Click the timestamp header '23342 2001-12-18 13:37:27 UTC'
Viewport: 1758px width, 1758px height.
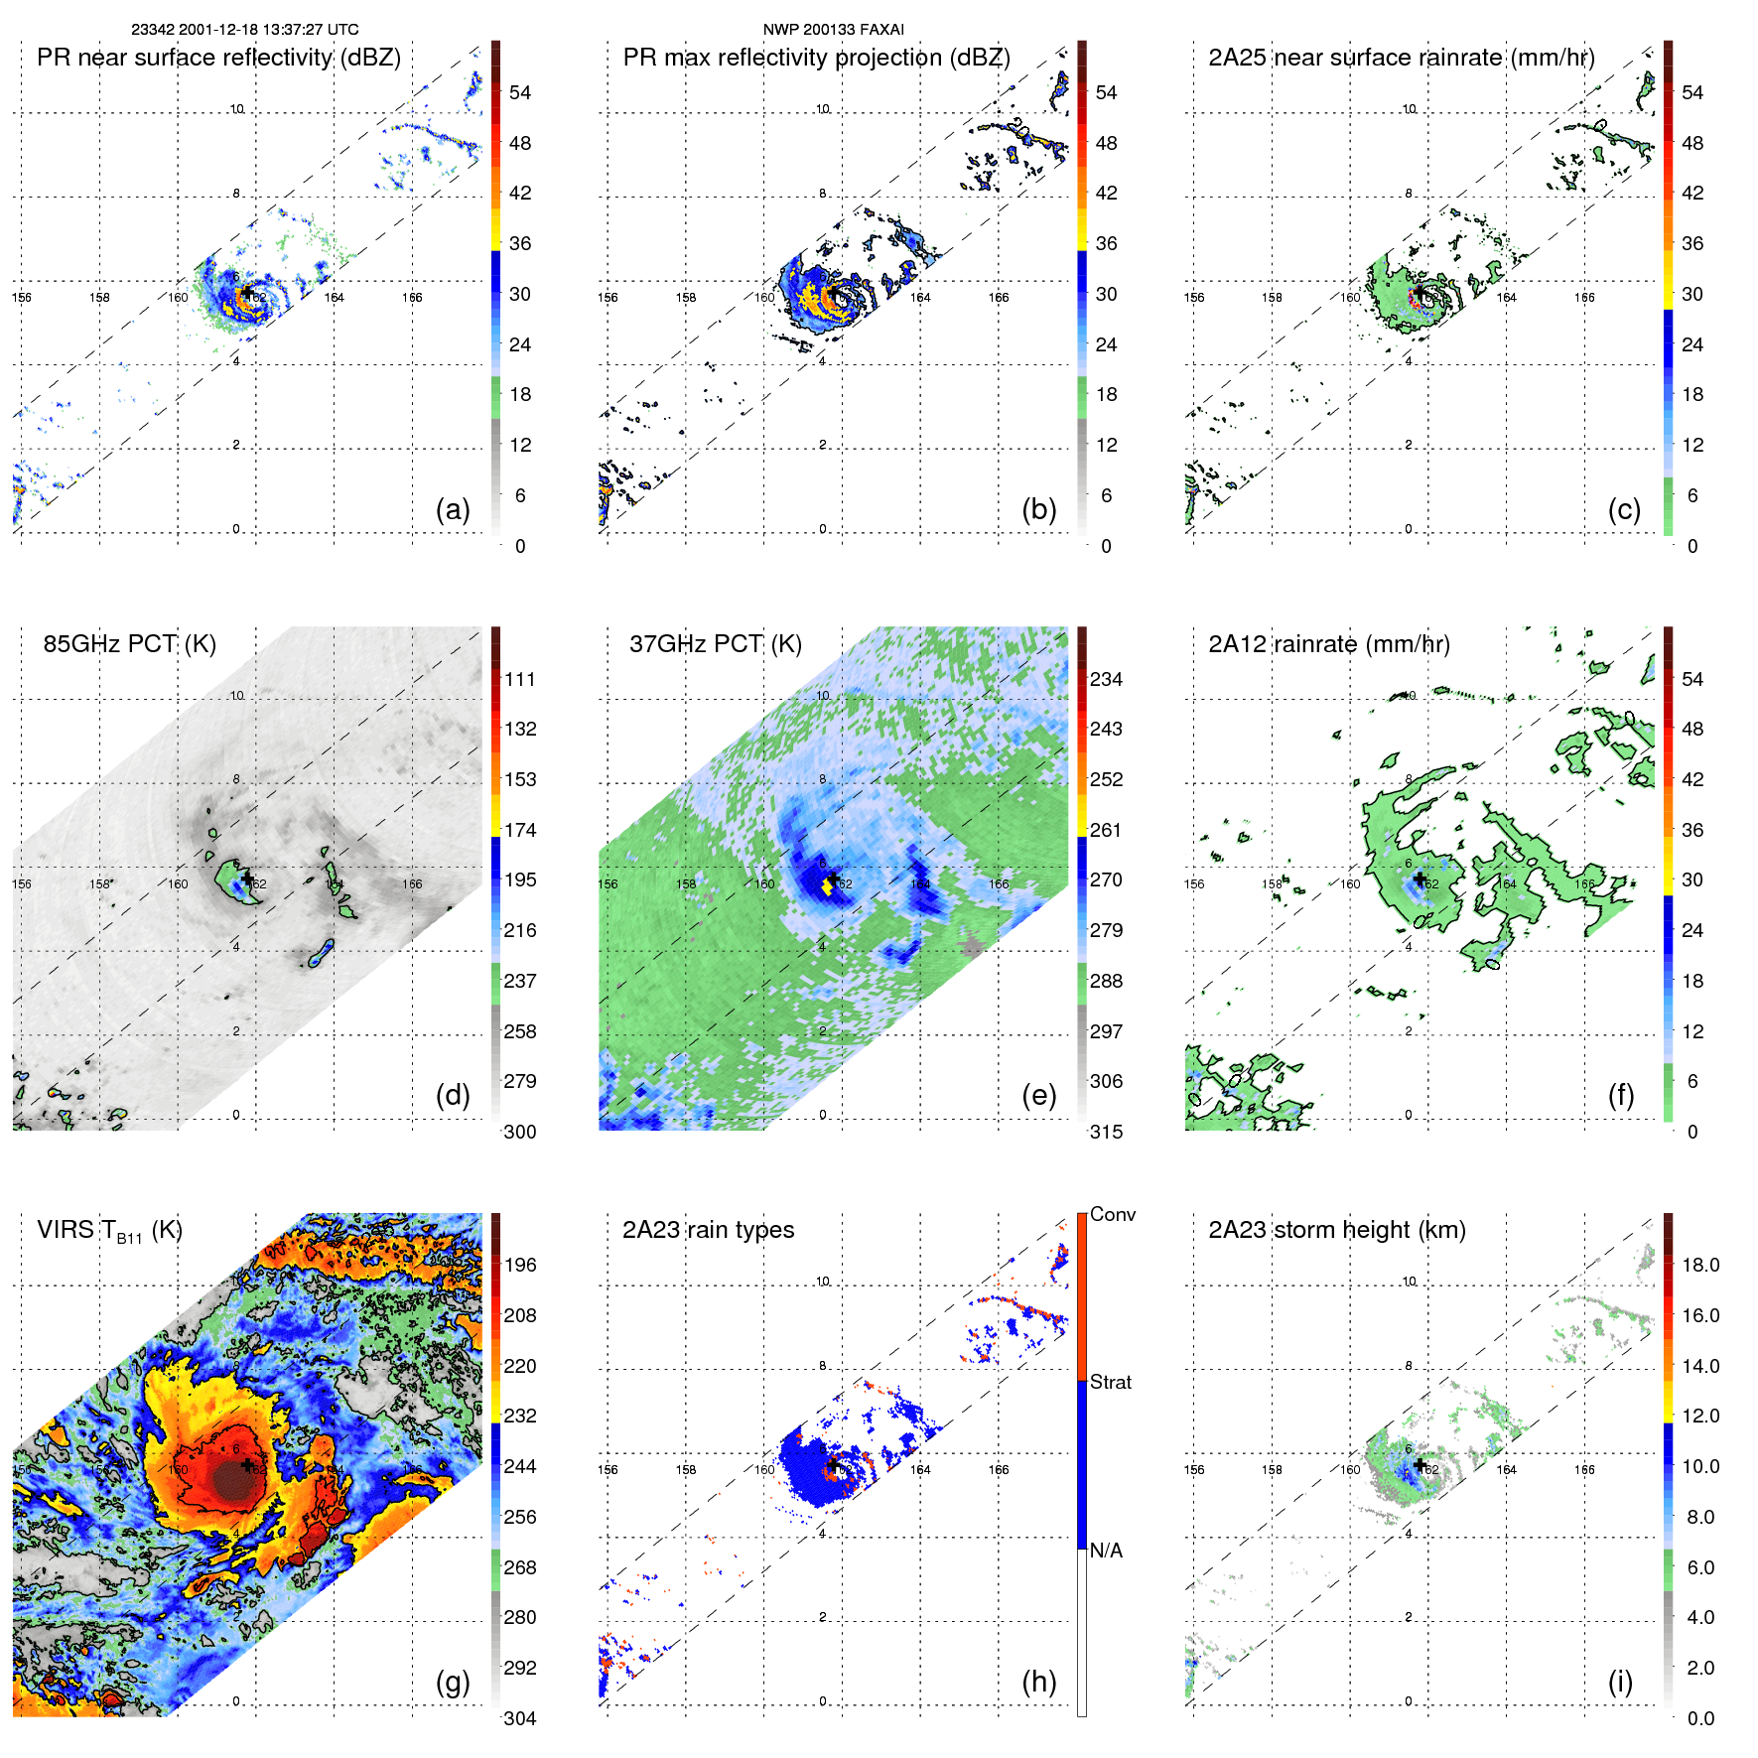tap(245, 30)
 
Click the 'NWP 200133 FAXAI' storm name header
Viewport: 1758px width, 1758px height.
tap(833, 30)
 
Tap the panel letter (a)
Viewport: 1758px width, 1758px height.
tap(453, 509)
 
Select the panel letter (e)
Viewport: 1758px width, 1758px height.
tap(1038, 1095)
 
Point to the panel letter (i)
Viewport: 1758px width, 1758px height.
tap(1620, 1682)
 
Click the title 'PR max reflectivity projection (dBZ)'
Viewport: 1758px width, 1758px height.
tap(816, 58)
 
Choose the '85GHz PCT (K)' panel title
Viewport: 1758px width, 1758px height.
tap(129, 644)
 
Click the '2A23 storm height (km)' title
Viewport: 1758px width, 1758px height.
tap(1336, 1230)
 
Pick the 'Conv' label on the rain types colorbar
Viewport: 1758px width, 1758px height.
tap(1112, 1215)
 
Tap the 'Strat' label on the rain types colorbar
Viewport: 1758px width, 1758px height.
tap(1110, 1382)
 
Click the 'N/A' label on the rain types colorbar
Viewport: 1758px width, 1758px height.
tap(1106, 1551)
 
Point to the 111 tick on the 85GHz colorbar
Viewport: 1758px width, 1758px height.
tap(520, 679)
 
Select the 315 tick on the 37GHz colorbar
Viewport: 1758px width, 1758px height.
tap(1106, 1132)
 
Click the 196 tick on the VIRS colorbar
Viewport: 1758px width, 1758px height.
tap(520, 1265)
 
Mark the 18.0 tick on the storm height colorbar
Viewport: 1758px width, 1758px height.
tap(1699, 1265)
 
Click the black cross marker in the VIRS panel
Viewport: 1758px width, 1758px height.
tap(247, 1465)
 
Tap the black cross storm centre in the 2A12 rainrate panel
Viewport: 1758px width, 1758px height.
tap(1420, 879)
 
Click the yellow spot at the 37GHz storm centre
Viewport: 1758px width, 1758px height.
tap(827, 884)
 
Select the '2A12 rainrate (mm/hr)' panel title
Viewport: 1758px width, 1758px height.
tap(1328, 644)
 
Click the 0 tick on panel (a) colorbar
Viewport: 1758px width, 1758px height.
tap(520, 546)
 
